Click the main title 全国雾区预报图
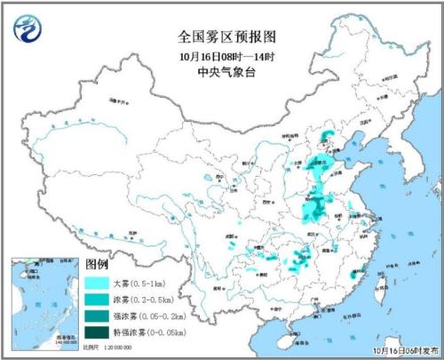[222, 38]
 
